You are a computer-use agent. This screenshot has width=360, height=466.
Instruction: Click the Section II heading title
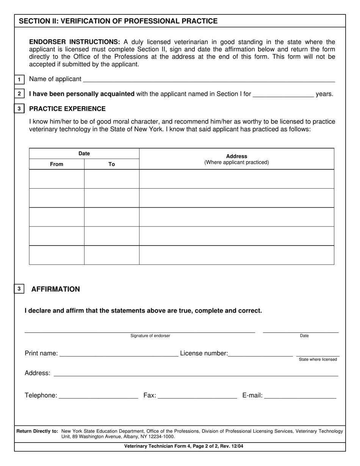tap(118, 21)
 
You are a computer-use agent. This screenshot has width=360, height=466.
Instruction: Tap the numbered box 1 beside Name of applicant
tap(19, 80)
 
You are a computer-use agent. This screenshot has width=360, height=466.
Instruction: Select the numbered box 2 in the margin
tap(19, 94)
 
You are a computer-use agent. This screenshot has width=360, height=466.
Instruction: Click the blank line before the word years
tap(283, 94)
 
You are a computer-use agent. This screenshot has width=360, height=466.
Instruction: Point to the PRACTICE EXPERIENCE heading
tap(67, 109)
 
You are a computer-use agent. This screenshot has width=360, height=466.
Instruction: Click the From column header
tap(56, 164)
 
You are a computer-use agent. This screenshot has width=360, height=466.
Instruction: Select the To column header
tap(111, 164)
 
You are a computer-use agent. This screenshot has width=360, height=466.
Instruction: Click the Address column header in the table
tap(236, 156)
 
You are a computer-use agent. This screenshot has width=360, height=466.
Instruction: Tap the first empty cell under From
tap(56, 179)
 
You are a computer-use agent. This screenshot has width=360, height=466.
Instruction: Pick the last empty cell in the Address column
tap(236, 255)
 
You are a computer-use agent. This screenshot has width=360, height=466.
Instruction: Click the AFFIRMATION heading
tap(56, 289)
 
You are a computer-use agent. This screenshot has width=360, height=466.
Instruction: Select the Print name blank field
tap(119, 353)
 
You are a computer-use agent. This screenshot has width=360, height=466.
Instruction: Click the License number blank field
tap(260, 353)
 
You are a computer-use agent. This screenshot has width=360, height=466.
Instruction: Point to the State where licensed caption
tap(318, 359)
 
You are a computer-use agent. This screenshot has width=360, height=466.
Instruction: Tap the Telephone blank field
tap(99, 396)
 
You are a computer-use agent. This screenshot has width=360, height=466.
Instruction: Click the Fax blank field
tap(197, 396)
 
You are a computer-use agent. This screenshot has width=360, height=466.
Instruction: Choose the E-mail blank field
tap(300, 396)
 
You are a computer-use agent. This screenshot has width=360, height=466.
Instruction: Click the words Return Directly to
tap(37, 431)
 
